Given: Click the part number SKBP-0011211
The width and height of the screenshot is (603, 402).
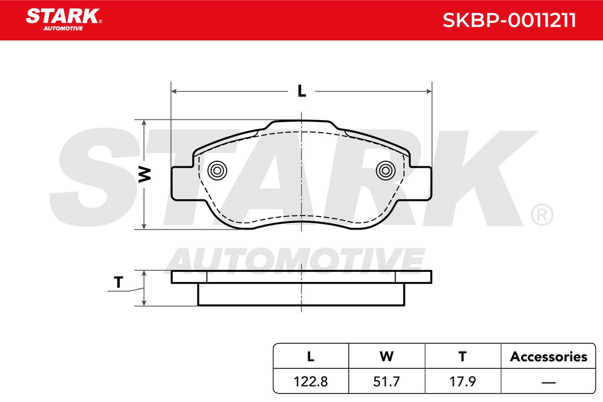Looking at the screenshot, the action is pyautogui.click(x=510, y=20).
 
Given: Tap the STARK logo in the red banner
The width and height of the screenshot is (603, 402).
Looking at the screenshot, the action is pyautogui.click(x=64, y=20).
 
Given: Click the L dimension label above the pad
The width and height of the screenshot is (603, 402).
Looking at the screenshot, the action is pyautogui.click(x=302, y=91).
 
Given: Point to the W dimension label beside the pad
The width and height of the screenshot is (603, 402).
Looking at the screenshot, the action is pyautogui.click(x=145, y=174).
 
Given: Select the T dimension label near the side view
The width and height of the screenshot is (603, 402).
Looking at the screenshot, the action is pyautogui.click(x=119, y=282).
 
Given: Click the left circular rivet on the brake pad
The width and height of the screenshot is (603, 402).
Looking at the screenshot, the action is pyautogui.click(x=217, y=170).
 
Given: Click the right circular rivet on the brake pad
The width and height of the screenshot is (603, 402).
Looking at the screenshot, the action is pyautogui.click(x=385, y=170).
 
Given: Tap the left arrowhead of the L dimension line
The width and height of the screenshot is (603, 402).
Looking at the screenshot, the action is pyautogui.click(x=174, y=91).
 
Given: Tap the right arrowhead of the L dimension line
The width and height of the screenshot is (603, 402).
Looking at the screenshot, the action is pyautogui.click(x=429, y=91).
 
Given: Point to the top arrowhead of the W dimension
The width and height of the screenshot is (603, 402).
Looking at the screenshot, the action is pyautogui.click(x=144, y=123).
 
